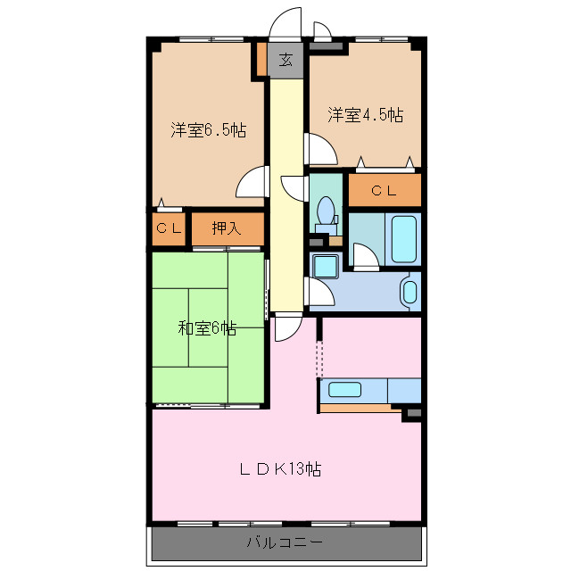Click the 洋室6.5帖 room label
pyautogui.click(x=209, y=130)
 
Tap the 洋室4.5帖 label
pyautogui.click(x=364, y=115)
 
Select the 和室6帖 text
pyautogui.click(x=207, y=328)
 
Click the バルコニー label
pyautogui.click(x=285, y=542)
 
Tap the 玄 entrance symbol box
pyautogui.click(x=285, y=61)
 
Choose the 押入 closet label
pyautogui.click(x=228, y=228)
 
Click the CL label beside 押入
pyautogui.click(x=169, y=228)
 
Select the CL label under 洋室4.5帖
pyautogui.click(x=384, y=190)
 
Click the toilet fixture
pyautogui.click(x=327, y=215)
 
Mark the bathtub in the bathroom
pyautogui.click(x=404, y=238)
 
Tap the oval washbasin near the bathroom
pyautogui.click(x=410, y=292)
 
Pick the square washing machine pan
pyautogui.click(x=323, y=265)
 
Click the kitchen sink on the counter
pyautogui.click(x=344, y=390)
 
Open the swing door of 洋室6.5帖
pyautogui.click(x=252, y=184)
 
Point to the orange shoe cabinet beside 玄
pyautogui.click(x=261, y=60)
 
